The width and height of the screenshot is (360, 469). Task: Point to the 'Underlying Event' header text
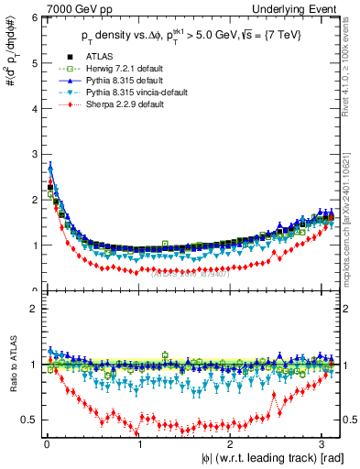[303, 8]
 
